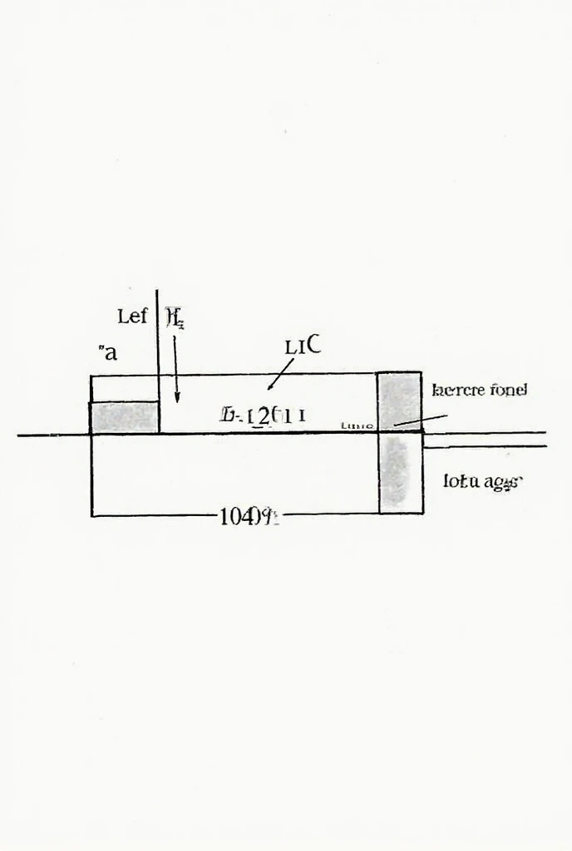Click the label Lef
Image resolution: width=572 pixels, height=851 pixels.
(132, 317)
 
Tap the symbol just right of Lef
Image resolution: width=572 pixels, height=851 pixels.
(175, 317)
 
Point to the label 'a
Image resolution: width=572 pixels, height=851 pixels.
(108, 352)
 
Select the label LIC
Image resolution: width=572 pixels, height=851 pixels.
(303, 346)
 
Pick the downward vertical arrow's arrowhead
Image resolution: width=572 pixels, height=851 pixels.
(176, 399)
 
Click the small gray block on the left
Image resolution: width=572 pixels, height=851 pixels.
(124, 416)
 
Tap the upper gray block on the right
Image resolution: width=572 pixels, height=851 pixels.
(399, 401)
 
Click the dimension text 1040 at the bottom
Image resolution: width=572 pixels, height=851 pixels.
(240, 517)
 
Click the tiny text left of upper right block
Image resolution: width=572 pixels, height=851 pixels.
(357, 425)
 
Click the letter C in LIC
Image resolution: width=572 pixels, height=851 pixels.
(313, 345)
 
